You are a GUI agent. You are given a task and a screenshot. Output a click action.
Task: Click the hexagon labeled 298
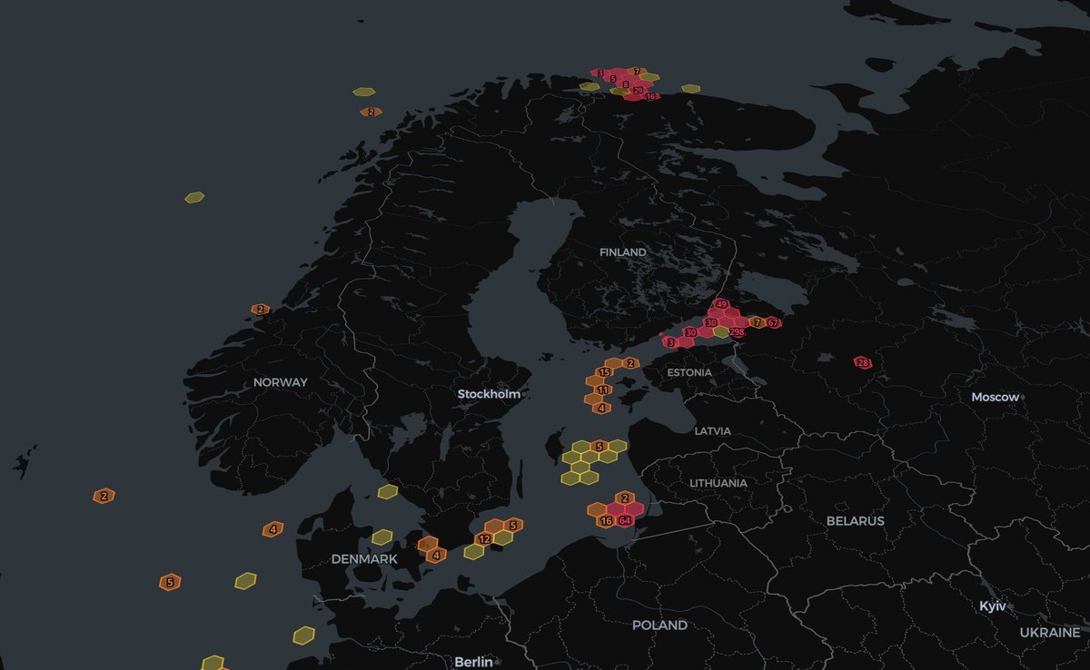737,332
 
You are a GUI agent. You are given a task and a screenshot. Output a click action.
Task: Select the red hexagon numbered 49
722,304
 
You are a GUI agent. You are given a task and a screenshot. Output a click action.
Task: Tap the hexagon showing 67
773,322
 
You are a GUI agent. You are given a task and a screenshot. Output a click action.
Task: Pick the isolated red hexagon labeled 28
863,363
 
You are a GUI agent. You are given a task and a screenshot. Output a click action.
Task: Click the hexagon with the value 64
625,520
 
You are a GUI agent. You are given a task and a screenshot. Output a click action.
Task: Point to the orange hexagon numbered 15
604,372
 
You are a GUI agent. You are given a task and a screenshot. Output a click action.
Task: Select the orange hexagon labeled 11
603,390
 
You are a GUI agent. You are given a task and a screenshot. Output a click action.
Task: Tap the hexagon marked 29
638,91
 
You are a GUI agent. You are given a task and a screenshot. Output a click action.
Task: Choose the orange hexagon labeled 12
484,538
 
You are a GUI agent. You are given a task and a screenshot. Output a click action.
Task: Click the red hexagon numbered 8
626,84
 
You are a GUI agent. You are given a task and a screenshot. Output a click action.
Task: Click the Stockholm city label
489,394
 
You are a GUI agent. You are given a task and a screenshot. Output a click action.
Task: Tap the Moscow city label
996,398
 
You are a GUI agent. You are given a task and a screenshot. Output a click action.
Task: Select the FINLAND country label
623,251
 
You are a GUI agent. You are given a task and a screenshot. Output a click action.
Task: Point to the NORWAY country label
280,382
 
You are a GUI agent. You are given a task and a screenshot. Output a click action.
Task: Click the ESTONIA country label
689,372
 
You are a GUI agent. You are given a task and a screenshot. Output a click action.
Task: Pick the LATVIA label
712,430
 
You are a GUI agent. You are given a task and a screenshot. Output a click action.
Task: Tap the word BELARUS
855,521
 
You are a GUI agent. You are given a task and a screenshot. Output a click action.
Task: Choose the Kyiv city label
992,606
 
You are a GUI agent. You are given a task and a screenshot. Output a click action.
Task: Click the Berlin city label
473,662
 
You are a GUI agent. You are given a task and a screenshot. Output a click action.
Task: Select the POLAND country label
660,626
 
